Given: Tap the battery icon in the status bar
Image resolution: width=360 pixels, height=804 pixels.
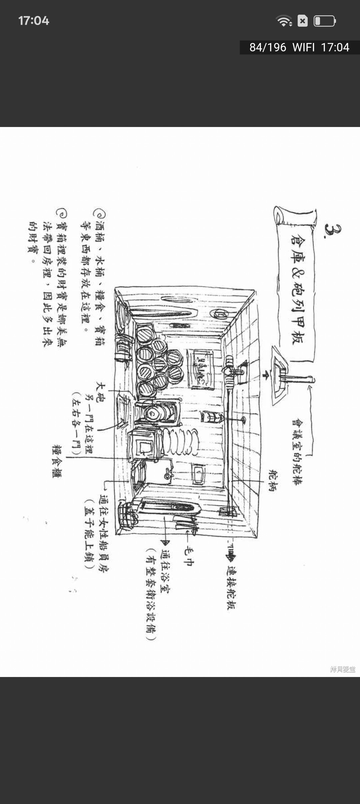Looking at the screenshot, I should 325,21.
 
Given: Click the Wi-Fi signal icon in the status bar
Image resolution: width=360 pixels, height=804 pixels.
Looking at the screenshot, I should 284,21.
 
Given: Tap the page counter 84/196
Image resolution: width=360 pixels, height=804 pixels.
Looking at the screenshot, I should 268,47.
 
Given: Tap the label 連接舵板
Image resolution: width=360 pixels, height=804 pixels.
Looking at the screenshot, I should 231,588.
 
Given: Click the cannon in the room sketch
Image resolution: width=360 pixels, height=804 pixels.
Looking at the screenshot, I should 155,414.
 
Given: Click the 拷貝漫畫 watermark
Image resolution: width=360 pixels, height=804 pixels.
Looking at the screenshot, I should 342,669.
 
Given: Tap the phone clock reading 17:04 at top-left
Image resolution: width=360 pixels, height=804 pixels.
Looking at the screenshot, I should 34,21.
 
